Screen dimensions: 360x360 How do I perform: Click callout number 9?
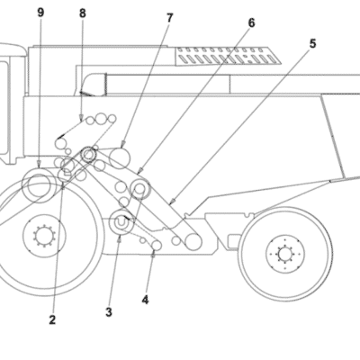click(x=40, y=13)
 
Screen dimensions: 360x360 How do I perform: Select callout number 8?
click(x=83, y=13)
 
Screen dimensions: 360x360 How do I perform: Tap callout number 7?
click(x=170, y=18)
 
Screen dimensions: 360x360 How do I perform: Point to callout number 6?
click(x=251, y=22)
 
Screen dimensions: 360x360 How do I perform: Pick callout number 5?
click(x=312, y=44)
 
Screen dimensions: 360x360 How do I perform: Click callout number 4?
click(x=145, y=300)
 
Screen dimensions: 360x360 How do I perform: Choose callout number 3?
click(x=109, y=312)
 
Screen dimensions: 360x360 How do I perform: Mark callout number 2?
click(x=52, y=320)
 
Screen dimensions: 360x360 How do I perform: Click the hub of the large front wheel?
click(x=44, y=235)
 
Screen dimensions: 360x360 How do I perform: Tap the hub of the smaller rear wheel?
click(x=285, y=255)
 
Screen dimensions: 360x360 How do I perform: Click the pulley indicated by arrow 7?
click(x=120, y=158)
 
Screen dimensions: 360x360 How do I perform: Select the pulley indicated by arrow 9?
click(x=40, y=185)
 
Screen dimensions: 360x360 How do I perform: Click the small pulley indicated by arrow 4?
click(x=157, y=246)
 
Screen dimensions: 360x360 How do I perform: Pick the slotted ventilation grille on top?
click(x=228, y=56)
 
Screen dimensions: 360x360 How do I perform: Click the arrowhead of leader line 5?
click(x=171, y=202)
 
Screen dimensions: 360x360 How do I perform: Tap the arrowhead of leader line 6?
click(x=139, y=172)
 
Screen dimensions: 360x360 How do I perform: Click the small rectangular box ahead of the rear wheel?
click(x=234, y=242)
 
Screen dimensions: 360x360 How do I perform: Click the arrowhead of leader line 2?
click(x=63, y=186)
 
